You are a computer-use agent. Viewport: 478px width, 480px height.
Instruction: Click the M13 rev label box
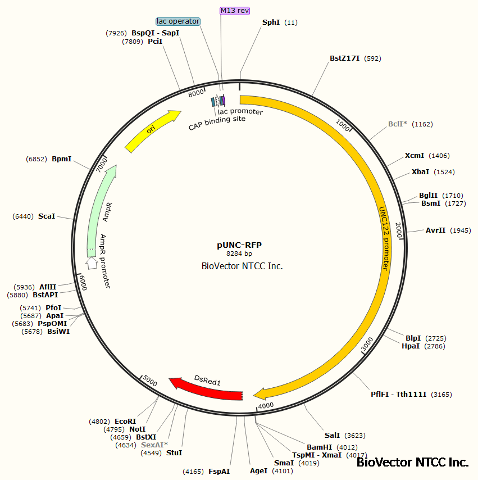[235, 11]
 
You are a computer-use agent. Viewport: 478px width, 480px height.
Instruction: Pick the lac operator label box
[178, 21]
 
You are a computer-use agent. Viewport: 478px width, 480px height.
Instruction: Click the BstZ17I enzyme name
[344, 58]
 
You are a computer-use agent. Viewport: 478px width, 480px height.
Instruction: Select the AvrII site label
[435, 230]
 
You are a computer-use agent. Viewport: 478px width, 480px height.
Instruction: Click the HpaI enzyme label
[410, 346]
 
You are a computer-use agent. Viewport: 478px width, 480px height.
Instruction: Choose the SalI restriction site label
[332, 435]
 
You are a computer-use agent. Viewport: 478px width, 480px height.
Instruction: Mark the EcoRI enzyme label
[125, 421]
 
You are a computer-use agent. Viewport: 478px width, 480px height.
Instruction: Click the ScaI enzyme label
[47, 216]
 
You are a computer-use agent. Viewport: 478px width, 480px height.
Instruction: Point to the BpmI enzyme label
[61, 159]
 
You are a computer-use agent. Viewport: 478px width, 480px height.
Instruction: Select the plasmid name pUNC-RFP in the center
[239, 245]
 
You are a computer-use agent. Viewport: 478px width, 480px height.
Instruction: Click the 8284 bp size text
[239, 254]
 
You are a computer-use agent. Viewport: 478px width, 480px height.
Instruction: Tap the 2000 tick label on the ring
[399, 229]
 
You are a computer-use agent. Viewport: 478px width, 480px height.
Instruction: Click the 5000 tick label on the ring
[149, 380]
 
